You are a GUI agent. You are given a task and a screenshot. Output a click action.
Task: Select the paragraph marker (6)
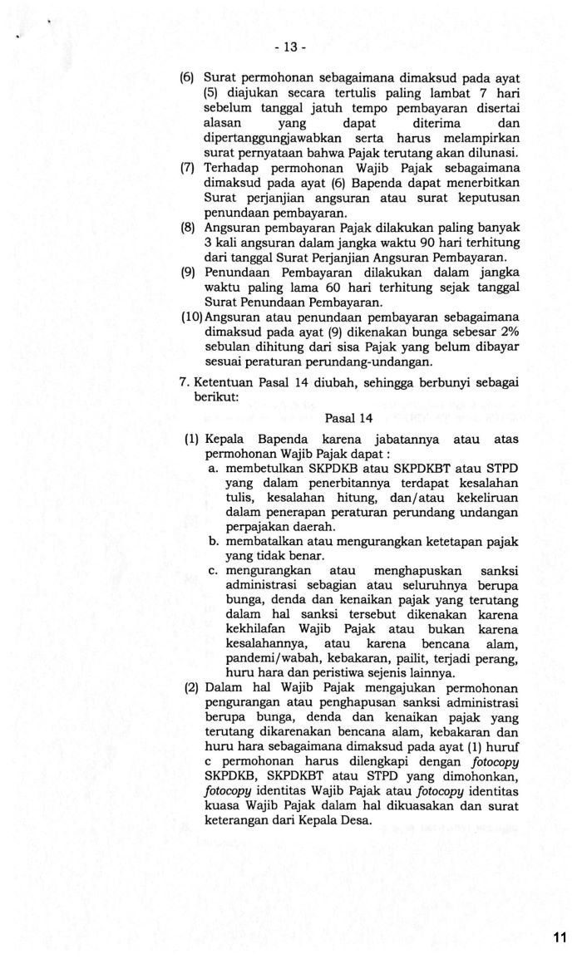click(x=187, y=77)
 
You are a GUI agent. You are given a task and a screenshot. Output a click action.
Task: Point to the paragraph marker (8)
click(x=187, y=226)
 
